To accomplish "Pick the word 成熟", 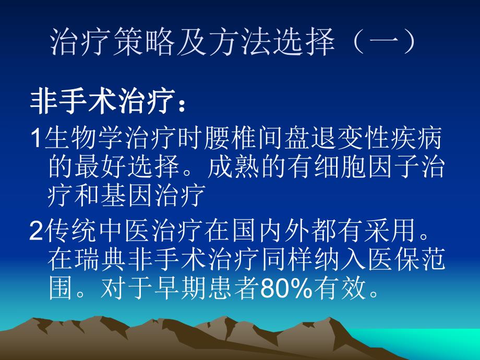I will click(x=234, y=169).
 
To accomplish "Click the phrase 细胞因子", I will click(x=366, y=169).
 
